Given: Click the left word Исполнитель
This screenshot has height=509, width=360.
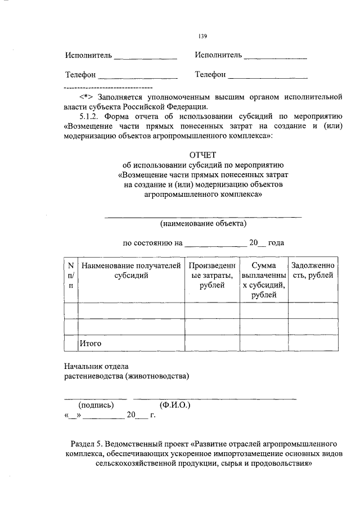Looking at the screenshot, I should [x=88, y=56].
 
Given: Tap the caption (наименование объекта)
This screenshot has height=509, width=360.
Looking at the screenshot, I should [x=203, y=223].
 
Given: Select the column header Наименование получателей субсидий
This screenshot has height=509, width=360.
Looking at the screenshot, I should [x=131, y=270].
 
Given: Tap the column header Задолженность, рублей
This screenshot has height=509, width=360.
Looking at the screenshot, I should [x=313, y=270].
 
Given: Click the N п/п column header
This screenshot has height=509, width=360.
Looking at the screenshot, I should [x=71, y=275].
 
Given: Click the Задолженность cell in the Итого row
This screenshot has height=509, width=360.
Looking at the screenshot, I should [x=313, y=342].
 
